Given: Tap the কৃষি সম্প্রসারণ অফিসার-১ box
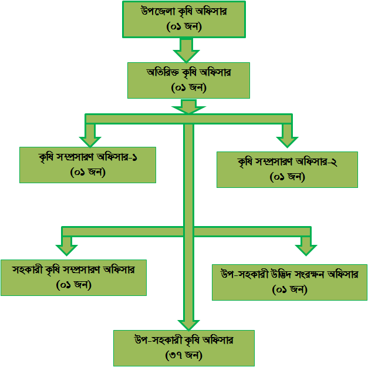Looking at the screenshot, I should pyautogui.click(x=87, y=164).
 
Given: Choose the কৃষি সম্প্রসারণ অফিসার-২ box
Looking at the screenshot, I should pyautogui.click(x=287, y=169).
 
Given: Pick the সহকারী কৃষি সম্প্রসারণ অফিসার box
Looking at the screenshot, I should pyautogui.click(x=73, y=277).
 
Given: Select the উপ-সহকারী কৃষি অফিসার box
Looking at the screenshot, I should pyautogui.click(x=184, y=348).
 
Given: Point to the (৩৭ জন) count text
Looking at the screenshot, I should pyautogui.click(x=184, y=355).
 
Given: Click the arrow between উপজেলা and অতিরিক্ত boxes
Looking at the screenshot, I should pyautogui.click(x=187, y=49).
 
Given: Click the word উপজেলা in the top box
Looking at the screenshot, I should pyautogui.click(x=158, y=11).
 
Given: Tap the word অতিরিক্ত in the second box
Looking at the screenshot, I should pyautogui.click(x=163, y=73).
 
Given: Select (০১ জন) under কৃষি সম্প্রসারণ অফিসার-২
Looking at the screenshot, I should pyautogui.click(x=287, y=176).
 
